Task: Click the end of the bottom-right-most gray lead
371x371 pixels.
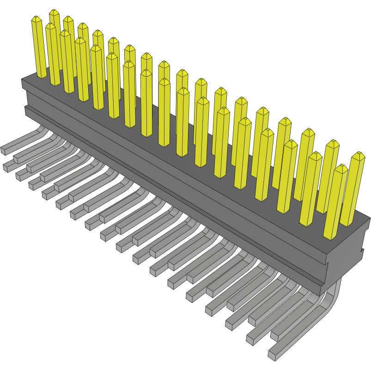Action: click(272, 354)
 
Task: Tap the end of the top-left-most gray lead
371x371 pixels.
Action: click(4, 150)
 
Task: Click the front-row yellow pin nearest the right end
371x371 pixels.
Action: click(335, 203)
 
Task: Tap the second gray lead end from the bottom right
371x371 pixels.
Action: click(251, 340)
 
